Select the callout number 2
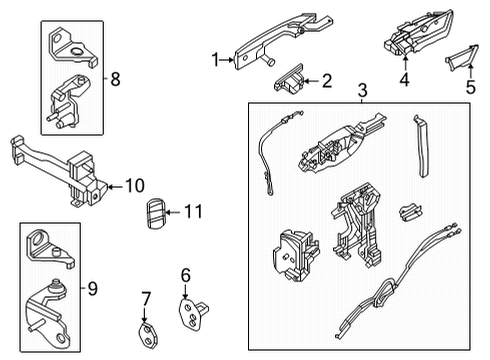(326, 81)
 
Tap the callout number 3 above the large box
(362, 91)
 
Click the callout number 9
(93, 290)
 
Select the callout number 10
(134, 185)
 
